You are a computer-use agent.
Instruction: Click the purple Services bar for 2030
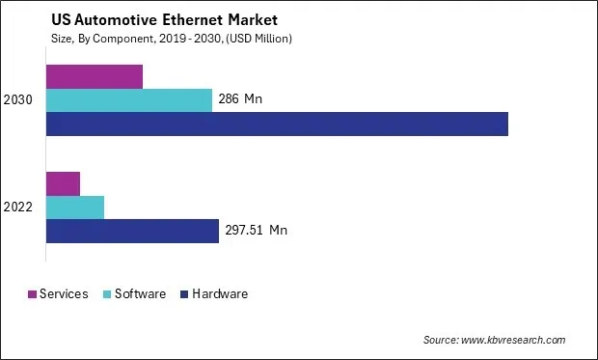[95, 76]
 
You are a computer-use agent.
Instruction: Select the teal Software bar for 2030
[129, 100]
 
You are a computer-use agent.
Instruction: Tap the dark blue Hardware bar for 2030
[277, 124]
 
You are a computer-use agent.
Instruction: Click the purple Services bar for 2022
[63, 182]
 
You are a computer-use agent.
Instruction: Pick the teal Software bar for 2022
[75, 207]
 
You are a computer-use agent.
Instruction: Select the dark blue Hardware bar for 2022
[132, 231]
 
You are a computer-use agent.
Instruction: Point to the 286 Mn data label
[240, 99]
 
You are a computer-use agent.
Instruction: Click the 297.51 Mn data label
[256, 230]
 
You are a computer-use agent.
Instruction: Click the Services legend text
[65, 293]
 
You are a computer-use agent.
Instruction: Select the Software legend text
[141, 293]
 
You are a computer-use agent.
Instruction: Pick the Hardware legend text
[221, 293]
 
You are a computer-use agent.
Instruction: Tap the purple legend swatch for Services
[32, 293]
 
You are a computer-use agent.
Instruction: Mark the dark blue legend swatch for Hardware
[184, 293]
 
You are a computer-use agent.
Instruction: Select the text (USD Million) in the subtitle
[256, 39]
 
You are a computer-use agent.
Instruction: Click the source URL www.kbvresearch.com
[513, 340]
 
